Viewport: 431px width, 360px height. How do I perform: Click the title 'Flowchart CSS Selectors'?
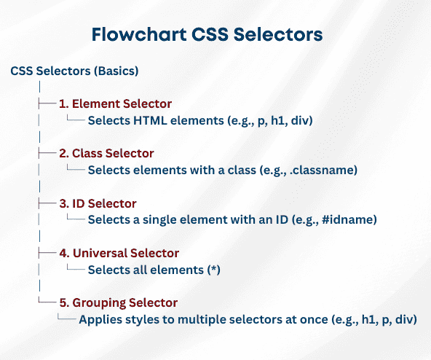pos(207,34)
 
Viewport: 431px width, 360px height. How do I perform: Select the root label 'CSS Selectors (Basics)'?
pos(75,71)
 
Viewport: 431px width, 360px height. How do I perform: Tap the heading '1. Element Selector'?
pos(115,103)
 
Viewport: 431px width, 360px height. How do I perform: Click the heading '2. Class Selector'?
pos(107,153)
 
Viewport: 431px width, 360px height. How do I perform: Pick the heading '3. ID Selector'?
pos(98,203)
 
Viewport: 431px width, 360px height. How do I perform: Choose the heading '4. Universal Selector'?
pos(119,254)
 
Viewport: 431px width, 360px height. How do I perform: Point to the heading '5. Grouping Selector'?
pos(119,302)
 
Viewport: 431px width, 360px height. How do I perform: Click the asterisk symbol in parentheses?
pos(213,270)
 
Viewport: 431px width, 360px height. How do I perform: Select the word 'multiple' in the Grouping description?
pos(206,319)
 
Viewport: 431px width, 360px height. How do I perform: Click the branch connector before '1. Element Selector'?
pos(47,103)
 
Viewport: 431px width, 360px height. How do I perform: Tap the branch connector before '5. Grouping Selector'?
pos(47,302)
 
